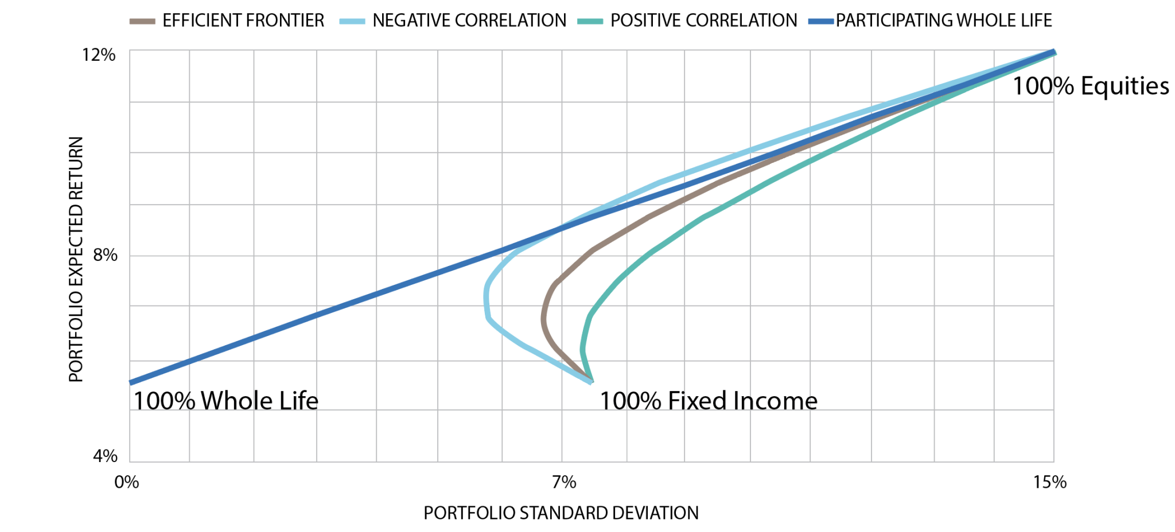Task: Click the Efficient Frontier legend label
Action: point(243,21)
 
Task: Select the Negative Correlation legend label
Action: point(469,21)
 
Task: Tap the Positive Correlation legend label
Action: point(704,21)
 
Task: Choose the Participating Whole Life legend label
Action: point(944,21)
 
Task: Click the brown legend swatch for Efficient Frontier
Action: point(142,22)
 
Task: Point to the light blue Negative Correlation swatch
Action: point(352,22)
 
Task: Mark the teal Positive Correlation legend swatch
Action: point(590,22)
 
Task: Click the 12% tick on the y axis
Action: point(99,55)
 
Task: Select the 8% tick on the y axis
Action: point(105,255)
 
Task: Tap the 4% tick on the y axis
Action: point(105,456)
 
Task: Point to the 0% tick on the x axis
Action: point(127,482)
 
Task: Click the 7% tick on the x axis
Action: point(564,482)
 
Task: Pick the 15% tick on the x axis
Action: point(1050,482)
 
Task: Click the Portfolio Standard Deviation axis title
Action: point(561,513)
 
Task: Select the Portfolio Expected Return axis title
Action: point(76,259)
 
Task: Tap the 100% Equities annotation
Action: point(1091,86)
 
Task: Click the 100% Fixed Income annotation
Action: point(709,401)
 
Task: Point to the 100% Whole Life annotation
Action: point(225,401)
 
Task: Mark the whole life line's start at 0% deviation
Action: point(130,382)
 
